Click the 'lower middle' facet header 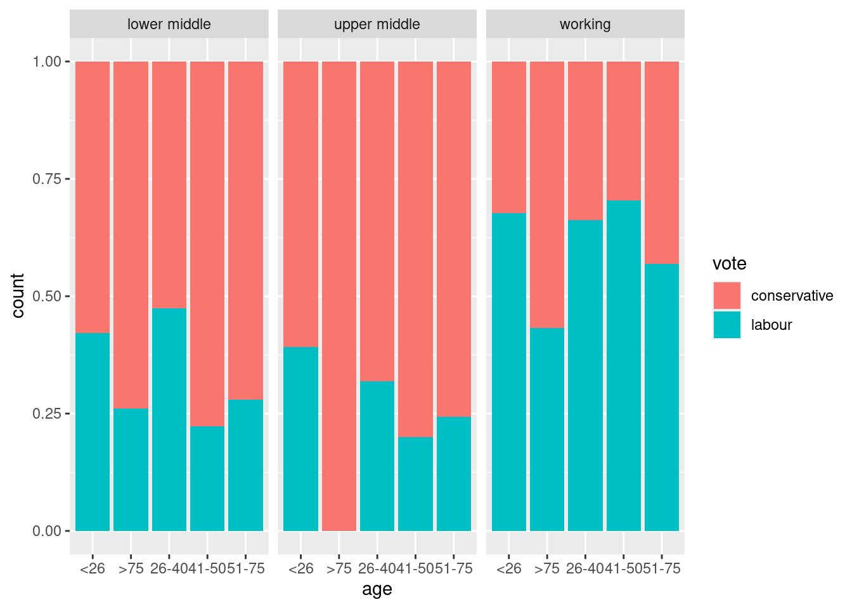[x=169, y=25]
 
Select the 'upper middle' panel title [x=377, y=25]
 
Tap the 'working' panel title [x=584, y=25]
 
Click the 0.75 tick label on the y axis [x=47, y=179]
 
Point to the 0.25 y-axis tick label [x=47, y=414]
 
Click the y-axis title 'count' [x=18, y=296]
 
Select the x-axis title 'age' [x=377, y=589]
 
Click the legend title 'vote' [x=729, y=264]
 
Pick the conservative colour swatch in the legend [x=726, y=296]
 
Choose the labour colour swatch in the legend [x=726, y=325]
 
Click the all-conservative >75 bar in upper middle [x=339, y=296]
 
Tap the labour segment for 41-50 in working [x=623, y=365]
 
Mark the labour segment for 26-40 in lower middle [x=169, y=419]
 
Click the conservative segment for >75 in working [x=546, y=194]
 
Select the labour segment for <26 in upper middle [x=300, y=438]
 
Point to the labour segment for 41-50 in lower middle [x=207, y=478]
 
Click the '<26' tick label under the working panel [x=508, y=568]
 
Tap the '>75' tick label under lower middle [x=131, y=568]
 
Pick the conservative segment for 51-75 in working [x=661, y=162]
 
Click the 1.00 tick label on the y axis [x=47, y=62]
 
